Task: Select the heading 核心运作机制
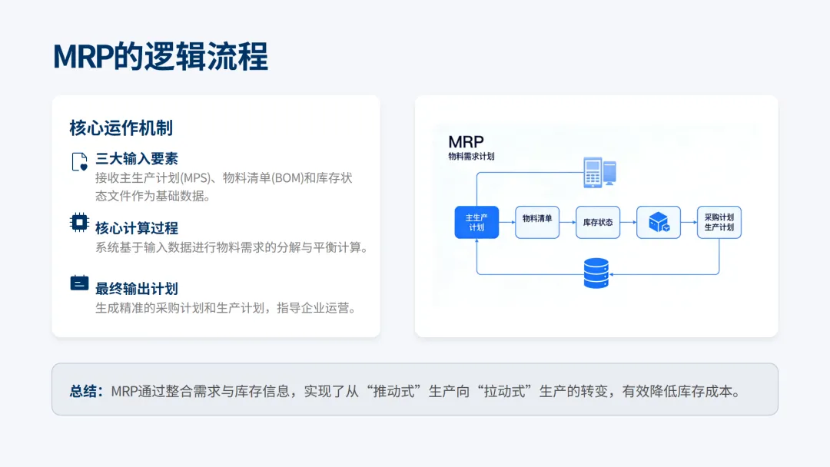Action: point(121,128)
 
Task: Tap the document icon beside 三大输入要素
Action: point(79,161)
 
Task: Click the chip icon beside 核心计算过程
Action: point(79,223)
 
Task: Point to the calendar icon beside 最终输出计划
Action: point(79,283)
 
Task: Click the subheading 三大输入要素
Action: point(137,159)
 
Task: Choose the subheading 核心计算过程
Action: point(137,228)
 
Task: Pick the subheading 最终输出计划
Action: point(137,289)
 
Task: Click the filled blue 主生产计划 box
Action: point(476,222)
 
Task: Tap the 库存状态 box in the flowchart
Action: point(598,222)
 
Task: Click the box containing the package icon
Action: point(659,222)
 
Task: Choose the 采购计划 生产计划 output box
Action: point(719,222)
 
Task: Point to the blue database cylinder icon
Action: point(596,273)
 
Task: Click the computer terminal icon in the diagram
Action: point(599,172)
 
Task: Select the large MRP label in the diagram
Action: point(466,142)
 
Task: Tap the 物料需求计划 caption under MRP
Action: point(471,156)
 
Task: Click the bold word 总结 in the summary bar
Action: point(85,391)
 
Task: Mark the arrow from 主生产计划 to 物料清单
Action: point(506,223)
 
